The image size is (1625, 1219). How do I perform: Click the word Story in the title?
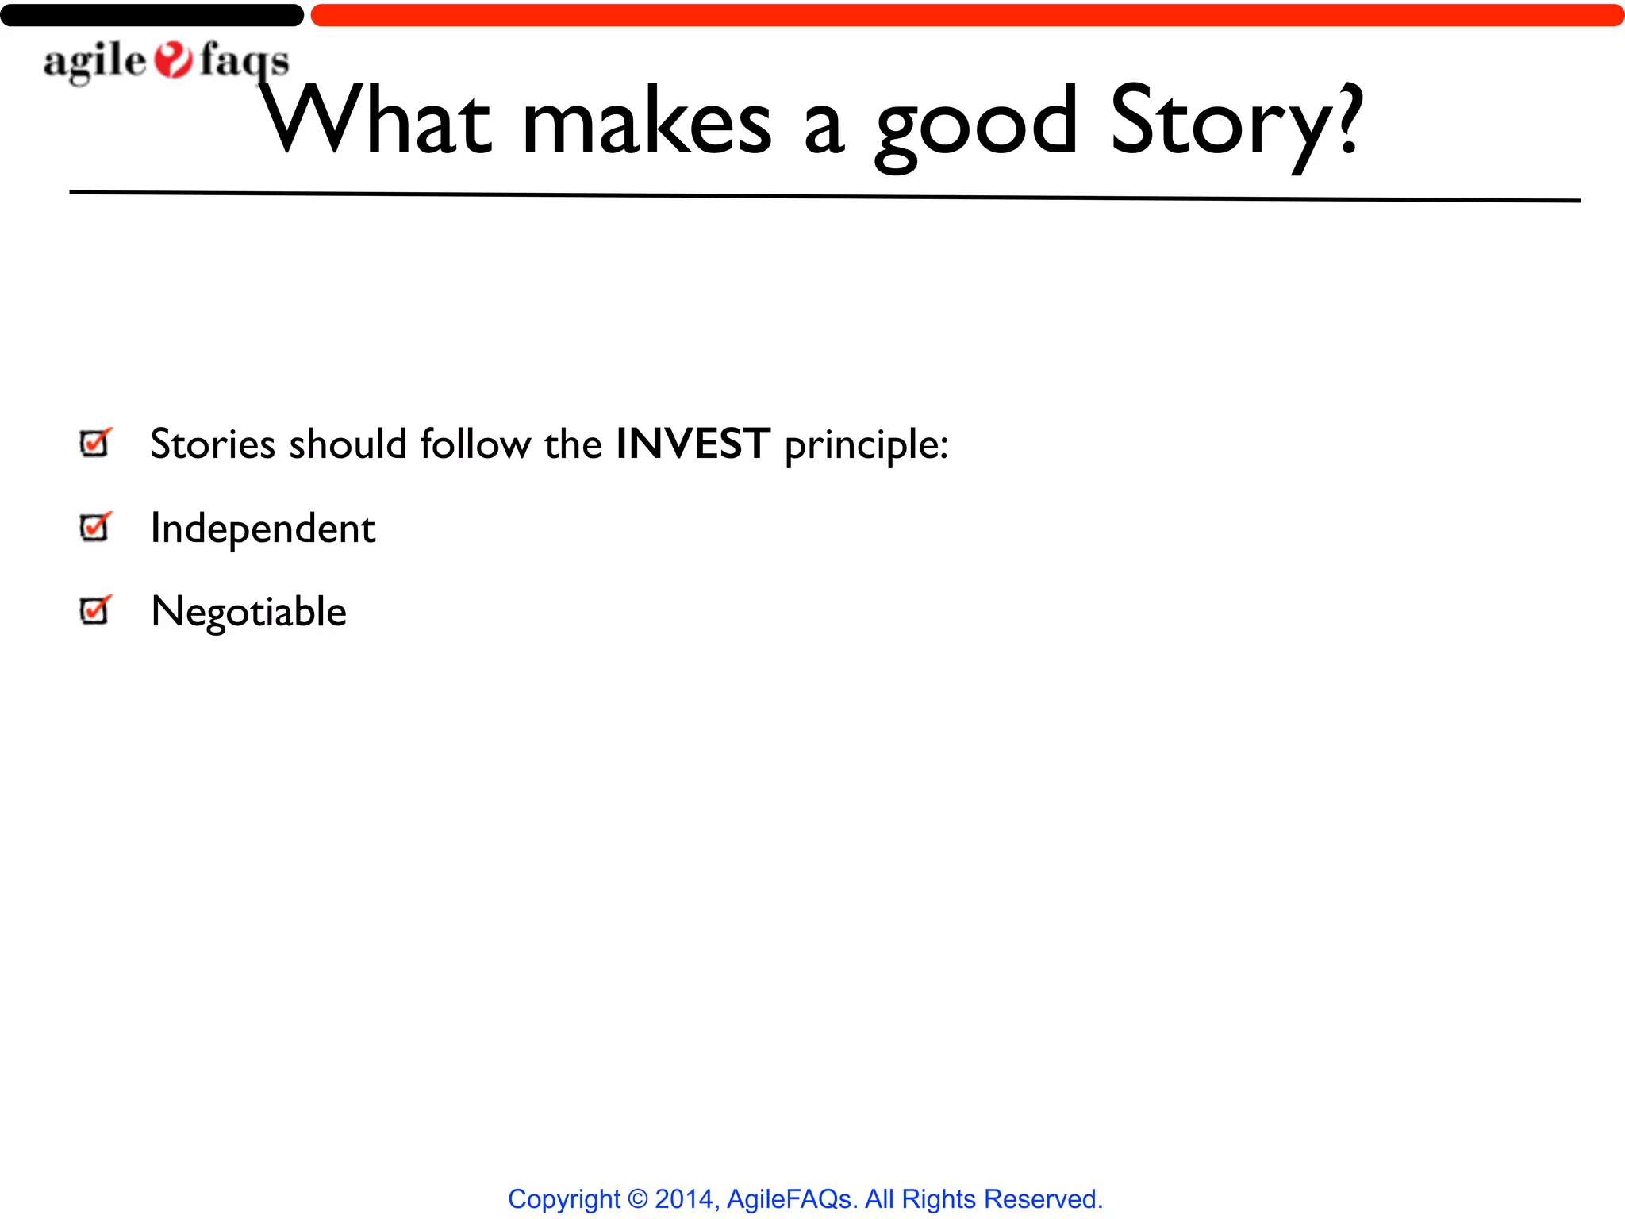pos(1218,123)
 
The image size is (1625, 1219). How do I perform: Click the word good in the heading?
pos(976,127)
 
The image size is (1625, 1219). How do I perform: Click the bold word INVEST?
pos(693,443)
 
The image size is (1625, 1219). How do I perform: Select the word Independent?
pos(263,529)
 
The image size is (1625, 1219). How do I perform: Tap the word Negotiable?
pos(248,612)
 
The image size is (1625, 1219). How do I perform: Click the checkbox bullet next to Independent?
pos(95,527)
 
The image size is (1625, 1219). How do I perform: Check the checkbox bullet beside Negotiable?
pos(95,610)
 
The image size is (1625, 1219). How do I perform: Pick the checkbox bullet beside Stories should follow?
pos(95,443)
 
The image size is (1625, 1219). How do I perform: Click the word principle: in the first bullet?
pos(866,444)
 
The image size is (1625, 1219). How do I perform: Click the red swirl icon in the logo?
pos(173,60)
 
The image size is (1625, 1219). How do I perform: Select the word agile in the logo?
pos(95,62)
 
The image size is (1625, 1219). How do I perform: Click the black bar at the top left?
pos(151,15)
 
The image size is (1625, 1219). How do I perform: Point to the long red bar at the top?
pos(966,15)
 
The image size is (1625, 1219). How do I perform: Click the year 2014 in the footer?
pos(684,1198)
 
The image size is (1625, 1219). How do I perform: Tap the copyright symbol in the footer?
pos(637,1198)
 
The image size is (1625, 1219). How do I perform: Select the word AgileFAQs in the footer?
pos(789,1198)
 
